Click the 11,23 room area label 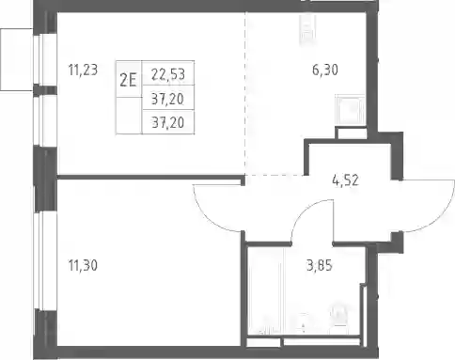coord(83,70)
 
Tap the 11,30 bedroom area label coord(83,266)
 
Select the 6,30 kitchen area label coord(325,70)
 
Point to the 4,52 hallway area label coord(345,180)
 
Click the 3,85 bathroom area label coord(319,266)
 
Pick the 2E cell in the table coord(129,79)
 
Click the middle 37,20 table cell coord(168,98)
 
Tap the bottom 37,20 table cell coord(168,122)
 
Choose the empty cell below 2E coord(129,116)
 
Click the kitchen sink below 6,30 coord(350,110)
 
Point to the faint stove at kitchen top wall coord(307,27)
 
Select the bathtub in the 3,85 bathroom coord(266,290)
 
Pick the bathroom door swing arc coord(304,213)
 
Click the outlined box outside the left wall coord(16,59)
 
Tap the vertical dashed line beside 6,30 coord(245,93)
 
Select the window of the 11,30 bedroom coord(38,260)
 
